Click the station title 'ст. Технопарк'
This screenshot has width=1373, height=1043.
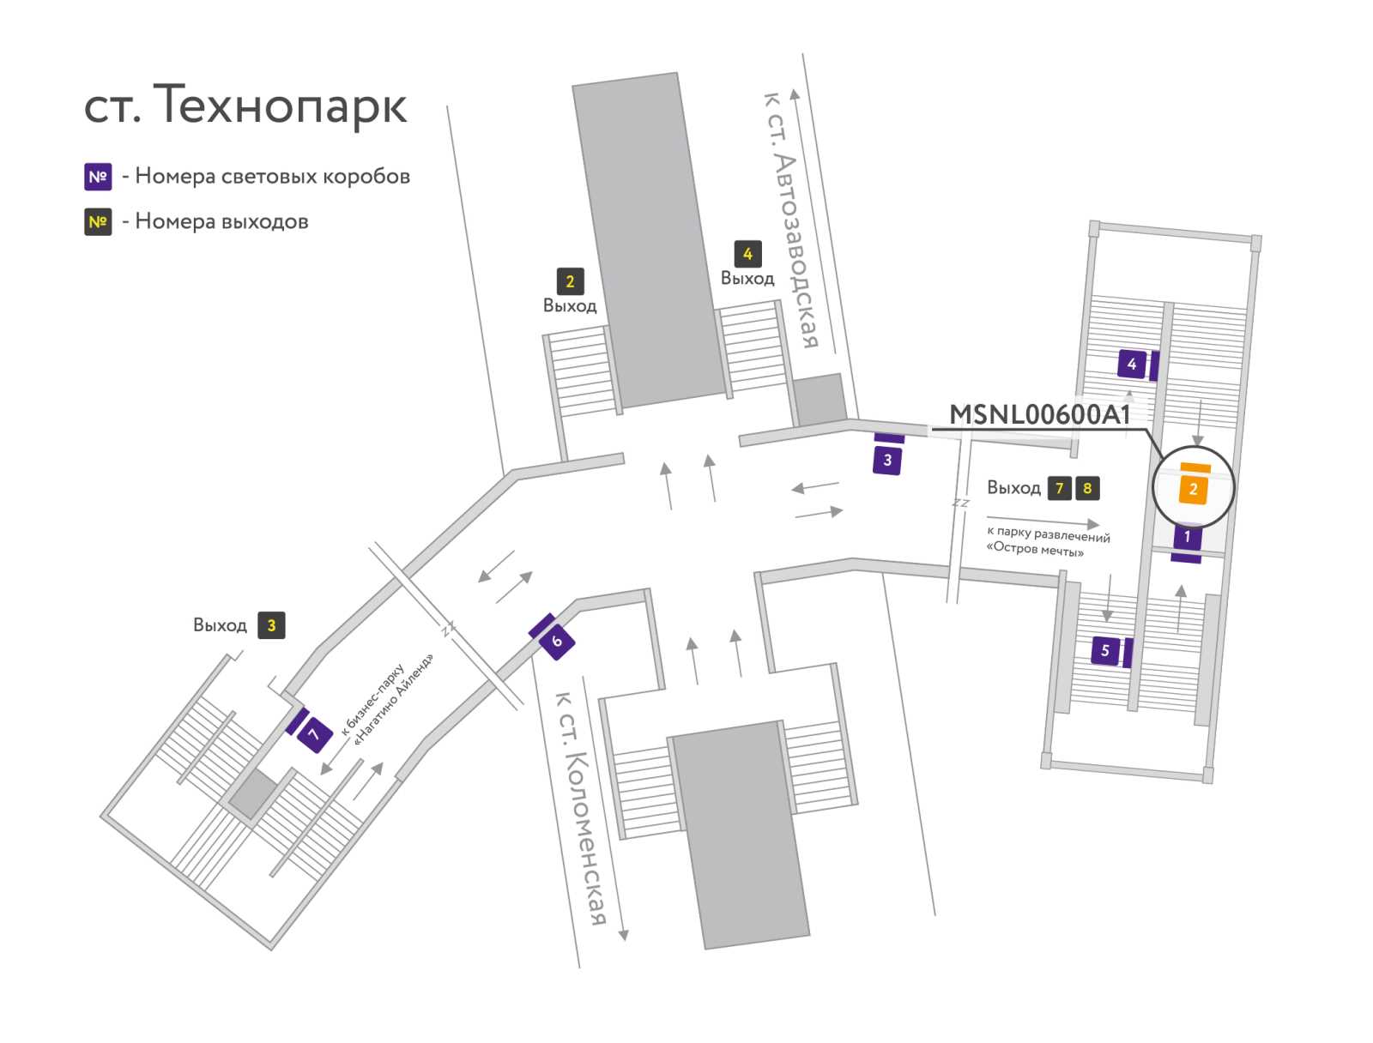(x=245, y=105)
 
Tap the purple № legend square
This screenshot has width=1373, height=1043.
(x=98, y=177)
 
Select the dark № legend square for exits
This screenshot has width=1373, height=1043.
(x=98, y=222)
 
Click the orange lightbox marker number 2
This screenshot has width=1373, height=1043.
(x=1193, y=489)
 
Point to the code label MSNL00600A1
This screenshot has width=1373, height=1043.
(x=1040, y=414)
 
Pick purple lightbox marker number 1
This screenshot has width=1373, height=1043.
(x=1188, y=537)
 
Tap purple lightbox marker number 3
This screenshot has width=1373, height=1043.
(x=887, y=461)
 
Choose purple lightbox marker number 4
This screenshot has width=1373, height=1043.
(x=1132, y=364)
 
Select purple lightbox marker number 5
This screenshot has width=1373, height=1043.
(x=1105, y=650)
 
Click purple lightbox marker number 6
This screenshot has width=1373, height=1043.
(x=557, y=642)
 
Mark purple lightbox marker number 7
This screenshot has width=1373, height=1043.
(x=315, y=735)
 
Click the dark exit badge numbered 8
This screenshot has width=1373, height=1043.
(x=1087, y=488)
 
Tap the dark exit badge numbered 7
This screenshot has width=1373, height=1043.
(x=1060, y=488)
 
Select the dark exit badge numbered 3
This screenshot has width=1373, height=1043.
(x=271, y=625)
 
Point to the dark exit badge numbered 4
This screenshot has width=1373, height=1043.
(x=747, y=255)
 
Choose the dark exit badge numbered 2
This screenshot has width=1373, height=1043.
(x=570, y=282)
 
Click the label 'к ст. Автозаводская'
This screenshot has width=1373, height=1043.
(x=790, y=220)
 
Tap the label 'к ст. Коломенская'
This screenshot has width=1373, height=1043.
(x=581, y=807)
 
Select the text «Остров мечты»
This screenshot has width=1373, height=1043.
(x=1035, y=549)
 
